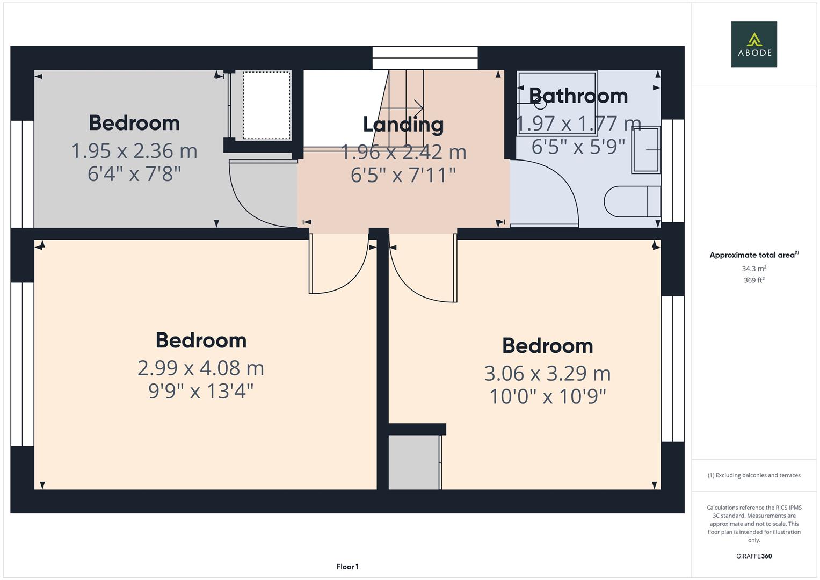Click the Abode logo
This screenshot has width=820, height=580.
(x=753, y=44)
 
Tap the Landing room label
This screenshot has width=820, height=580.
(x=403, y=125)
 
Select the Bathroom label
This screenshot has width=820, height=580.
(x=578, y=96)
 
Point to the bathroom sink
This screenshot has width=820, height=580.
(x=645, y=150)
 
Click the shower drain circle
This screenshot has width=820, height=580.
(x=540, y=104)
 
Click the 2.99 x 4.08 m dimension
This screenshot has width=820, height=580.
(x=200, y=368)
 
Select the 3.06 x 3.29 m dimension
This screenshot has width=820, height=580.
(x=547, y=374)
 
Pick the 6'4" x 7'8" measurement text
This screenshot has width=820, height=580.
(x=134, y=174)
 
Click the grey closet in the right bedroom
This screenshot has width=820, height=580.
(x=414, y=462)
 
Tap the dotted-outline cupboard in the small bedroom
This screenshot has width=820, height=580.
(x=266, y=105)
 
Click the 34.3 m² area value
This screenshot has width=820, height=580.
(x=753, y=269)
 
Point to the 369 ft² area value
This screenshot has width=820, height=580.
(x=753, y=280)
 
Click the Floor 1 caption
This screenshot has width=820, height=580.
(x=347, y=567)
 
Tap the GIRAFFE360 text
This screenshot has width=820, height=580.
(x=753, y=556)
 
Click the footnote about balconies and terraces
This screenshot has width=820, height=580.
(x=753, y=475)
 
